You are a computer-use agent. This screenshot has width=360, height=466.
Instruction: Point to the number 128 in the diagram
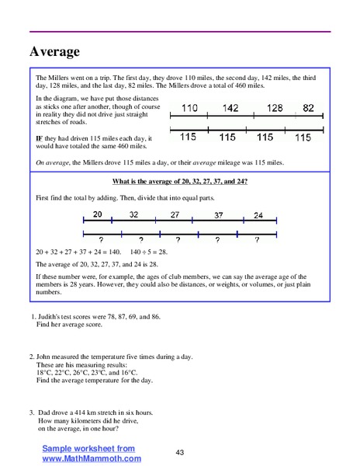point(275,109)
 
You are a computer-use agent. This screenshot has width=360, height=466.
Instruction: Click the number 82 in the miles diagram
point(309,109)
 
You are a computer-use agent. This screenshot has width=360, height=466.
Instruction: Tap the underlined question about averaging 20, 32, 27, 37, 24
point(179,181)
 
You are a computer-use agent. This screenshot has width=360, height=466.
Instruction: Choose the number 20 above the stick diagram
point(97,214)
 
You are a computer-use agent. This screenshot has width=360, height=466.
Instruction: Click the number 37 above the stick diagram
point(219,214)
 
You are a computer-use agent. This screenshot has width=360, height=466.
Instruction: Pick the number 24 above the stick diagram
point(258,214)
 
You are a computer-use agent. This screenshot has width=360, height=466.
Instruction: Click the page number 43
point(179,453)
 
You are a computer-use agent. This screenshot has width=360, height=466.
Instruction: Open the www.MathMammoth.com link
point(92,458)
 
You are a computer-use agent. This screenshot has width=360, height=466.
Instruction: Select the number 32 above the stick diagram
point(133,214)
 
